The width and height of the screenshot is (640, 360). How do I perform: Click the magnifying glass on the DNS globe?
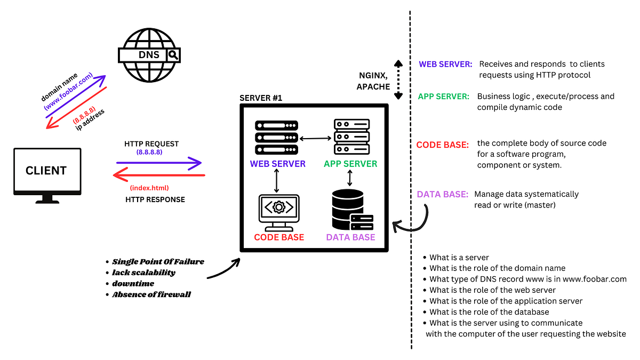pyautogui.click(x=173, y=54)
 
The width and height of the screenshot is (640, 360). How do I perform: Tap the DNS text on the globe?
pyautogui.click(x=149, y=54)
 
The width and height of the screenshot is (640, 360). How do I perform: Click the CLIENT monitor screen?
pyautogui.click(x=47, y=170)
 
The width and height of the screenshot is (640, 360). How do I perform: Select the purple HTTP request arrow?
pyautogui.click(x=159, y=163)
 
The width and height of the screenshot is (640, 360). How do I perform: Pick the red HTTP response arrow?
pyautogui.click(x=159, y=175)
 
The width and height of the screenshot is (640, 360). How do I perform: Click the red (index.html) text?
pyautogui.click(x=149, y=188)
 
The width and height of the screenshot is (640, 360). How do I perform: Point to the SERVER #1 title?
pyautogui.click(x=261, y=98)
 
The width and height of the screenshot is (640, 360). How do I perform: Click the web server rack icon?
pyautogui.click(x=276, y=138)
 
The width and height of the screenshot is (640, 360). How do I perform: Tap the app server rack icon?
pyautogui.click(x=351, y=137)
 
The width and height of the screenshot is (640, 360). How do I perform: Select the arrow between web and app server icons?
pyautogui.click(x=315, y=139)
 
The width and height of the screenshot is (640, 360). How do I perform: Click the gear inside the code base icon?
pyautogui.click(x=279, y=207)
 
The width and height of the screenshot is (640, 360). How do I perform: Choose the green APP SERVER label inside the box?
pyautogui.click(x=350, y=164)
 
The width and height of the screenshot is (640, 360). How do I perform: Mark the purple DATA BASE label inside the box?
pyautogui.click(x=350, y=237)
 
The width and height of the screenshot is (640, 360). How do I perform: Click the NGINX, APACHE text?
pyautogui.click(x=373, y=81)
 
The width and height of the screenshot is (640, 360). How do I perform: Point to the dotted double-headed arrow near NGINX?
pyautogui.click(x=398, y=79)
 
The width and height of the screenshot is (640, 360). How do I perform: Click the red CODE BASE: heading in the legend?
pyautogui.click(x=442, y=145)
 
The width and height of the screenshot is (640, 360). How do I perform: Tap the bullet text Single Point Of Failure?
pyautogui.click(x=158, y=262)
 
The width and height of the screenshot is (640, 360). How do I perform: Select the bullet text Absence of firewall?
pyautogui.click(x=151, y=294)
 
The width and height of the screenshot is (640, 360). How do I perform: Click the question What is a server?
pyautogui.click(x=459, y=258)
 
